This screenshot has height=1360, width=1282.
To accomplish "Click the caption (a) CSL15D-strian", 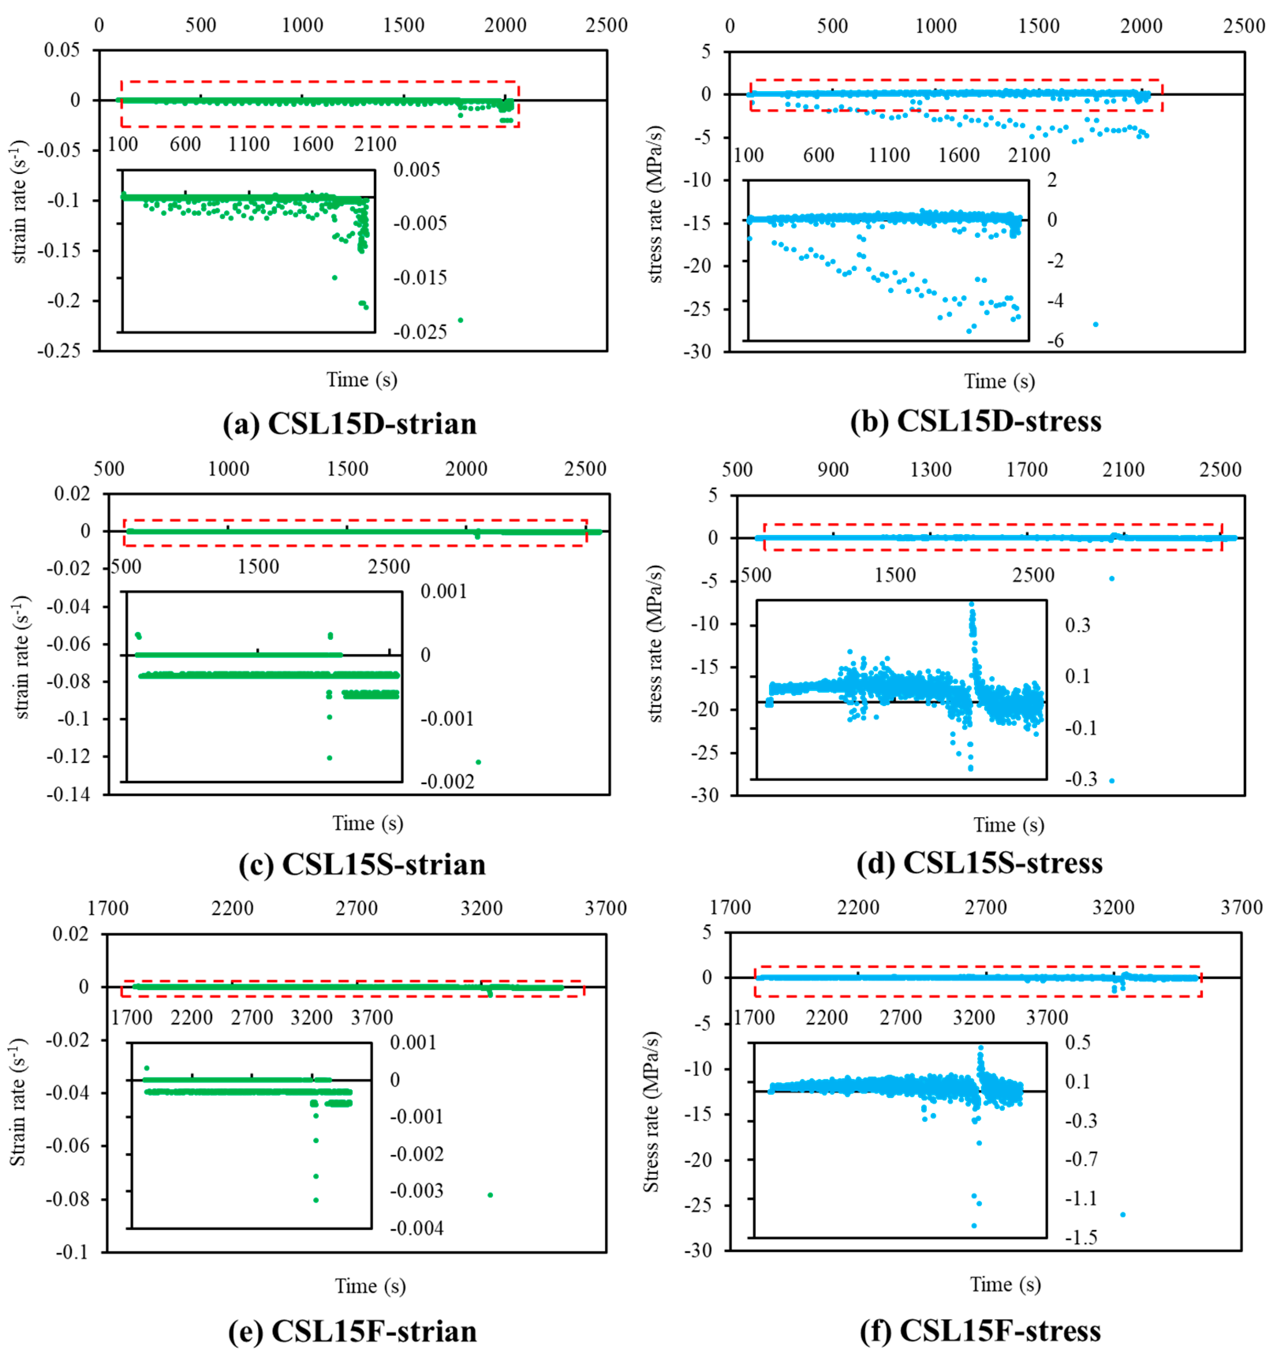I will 349,424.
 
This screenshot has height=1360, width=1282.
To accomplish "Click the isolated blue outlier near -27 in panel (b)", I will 1095,324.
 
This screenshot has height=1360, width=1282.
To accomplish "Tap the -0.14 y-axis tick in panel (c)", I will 68,795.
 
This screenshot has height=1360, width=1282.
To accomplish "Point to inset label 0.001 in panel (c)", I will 443,591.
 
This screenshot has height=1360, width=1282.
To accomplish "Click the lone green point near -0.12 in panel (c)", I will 478,762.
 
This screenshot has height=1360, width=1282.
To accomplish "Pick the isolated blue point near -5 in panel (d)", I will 1112,579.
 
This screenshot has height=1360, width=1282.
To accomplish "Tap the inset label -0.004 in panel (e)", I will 416,1229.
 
